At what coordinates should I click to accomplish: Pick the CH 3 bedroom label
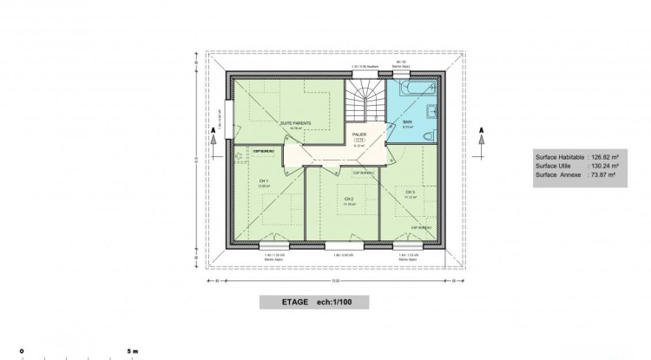pyautogui.click(x=409, y=193)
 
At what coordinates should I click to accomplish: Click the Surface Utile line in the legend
pyautogui.click(x=575, y=166)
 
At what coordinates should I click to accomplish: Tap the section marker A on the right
pyautogui.click(x=480, y=132)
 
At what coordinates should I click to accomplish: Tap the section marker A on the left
pyautogui.click(x=214, y=132)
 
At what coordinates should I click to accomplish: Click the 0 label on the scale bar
pyautogui.click(x=23, y=351)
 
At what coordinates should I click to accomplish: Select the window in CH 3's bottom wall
pyautogui.click(x=404, y=245)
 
